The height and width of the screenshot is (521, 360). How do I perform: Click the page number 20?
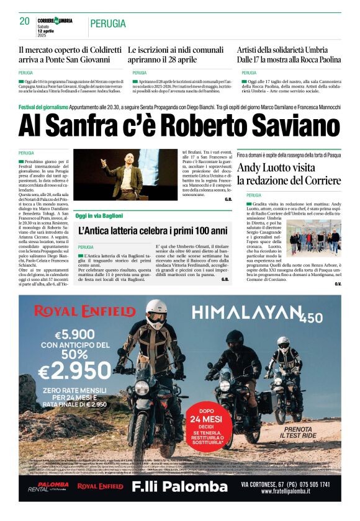point(24,21)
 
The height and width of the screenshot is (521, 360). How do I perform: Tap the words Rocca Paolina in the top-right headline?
point(318,60)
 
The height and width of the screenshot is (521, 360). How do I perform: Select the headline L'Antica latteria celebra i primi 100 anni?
point(153,231)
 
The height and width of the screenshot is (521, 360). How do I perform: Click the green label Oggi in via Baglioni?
point(99,215)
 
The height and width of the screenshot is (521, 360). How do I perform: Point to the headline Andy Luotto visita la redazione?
point(289,174)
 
